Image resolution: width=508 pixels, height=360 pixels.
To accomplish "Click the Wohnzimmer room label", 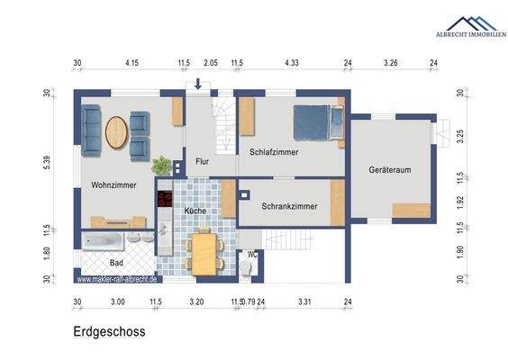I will (113, 184).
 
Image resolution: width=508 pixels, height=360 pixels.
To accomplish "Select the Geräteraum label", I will (390, 170).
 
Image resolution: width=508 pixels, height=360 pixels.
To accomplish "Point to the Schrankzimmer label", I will (289, 206).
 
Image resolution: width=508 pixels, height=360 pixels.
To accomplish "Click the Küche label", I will (194, 211).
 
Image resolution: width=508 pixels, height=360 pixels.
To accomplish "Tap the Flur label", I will (203, 162).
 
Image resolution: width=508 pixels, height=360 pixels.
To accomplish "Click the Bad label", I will (116, 263).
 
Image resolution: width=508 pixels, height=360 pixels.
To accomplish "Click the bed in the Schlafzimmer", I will (315, 121).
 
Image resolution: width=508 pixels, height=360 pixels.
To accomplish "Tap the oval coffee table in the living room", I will (117, 133).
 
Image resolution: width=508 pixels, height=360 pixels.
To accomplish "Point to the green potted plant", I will (161, 166).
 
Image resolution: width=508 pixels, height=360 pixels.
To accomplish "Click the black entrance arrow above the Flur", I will (198, 85).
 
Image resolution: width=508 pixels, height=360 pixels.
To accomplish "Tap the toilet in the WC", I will (249, 268).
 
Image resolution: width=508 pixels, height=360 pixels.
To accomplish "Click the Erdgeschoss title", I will (110, 331).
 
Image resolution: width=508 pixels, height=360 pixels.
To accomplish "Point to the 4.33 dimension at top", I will (291, 63).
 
